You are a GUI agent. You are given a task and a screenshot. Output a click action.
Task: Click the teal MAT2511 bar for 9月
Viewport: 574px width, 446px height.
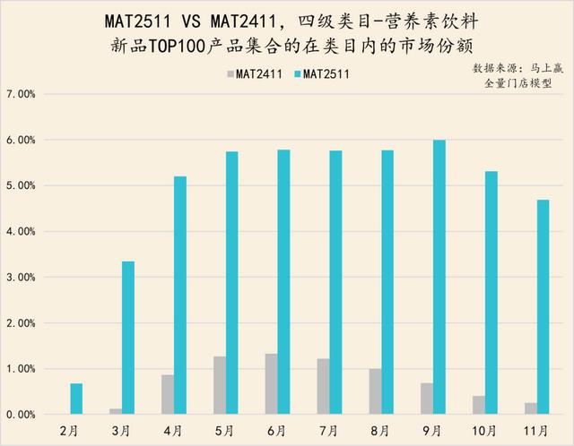pyautogui.click(x=439, y=278)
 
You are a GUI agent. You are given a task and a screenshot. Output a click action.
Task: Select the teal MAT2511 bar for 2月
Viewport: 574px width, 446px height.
pyautogui.click(x=76, y=399)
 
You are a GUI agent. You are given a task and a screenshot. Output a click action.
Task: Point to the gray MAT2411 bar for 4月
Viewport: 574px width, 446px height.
pyautogui.click(x=167, y=395)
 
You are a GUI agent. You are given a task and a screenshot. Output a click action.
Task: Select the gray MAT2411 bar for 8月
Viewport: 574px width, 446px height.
pyautogui.click(x=374, y=391)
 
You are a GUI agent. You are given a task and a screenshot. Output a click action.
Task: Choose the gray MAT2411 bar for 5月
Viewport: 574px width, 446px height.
pyautogui.click(x=219, y=386)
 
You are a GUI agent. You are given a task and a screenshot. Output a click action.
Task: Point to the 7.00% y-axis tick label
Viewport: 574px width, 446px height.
pyautogui.click(x=21, y=94)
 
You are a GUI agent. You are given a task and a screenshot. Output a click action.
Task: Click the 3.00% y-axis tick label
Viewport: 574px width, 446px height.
pyautogui.click(x=21, y=278)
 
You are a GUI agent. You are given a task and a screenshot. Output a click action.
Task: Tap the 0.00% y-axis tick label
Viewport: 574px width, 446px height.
pyautogui.click(x=21, y=415)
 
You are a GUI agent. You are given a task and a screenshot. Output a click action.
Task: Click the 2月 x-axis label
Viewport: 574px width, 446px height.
pyautogui.click(x=71, y=431)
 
